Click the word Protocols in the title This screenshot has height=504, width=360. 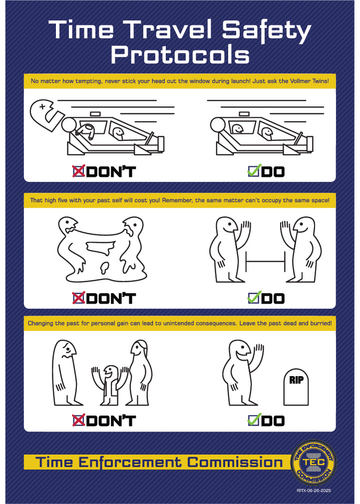click(180, 54)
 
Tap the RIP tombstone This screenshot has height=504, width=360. click(296, 387)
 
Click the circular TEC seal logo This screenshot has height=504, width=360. click(314, 462)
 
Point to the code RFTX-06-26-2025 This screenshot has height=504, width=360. click(314, 491)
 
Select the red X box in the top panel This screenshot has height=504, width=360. click(79, 171)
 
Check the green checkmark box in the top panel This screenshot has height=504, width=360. click(253, 171)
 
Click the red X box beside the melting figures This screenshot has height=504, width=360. click(79, 298)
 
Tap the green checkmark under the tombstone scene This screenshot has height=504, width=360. click(253, 420)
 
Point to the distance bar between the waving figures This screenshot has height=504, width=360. click(265, 261)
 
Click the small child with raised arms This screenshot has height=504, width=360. click(110, 385)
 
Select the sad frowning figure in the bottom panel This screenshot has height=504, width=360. click(65, 373)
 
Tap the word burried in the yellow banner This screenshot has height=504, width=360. click(321, 323)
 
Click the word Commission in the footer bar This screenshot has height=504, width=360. click(235, 462)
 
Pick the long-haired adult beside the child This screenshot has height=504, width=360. click(139, 373)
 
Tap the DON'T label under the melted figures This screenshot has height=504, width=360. click(111, 298)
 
